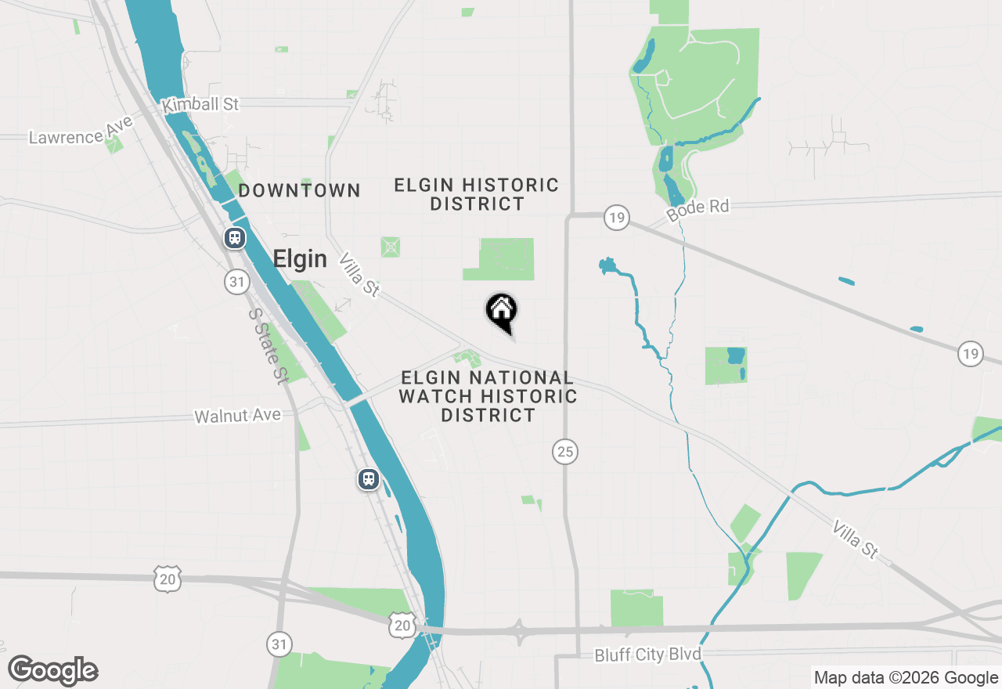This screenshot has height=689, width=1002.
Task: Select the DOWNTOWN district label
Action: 300,190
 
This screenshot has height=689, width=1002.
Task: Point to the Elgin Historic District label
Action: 477,194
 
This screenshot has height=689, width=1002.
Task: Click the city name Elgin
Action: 300,259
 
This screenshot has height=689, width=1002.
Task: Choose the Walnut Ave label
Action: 237,416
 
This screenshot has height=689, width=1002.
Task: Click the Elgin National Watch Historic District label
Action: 488,397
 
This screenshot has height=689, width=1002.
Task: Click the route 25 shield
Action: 565,451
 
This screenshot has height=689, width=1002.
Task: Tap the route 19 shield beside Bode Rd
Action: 617,218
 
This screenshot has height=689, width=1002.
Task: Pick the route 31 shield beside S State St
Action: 236,282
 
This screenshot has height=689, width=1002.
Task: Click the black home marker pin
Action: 502,311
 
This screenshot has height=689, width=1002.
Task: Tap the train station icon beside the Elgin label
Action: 234,238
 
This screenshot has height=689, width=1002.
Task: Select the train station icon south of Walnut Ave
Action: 369,478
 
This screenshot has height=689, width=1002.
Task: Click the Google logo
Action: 52,671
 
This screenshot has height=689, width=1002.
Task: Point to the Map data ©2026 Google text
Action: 906,678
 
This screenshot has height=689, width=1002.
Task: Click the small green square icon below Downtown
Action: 391,247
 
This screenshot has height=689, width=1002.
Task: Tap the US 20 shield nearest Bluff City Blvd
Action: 402,624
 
